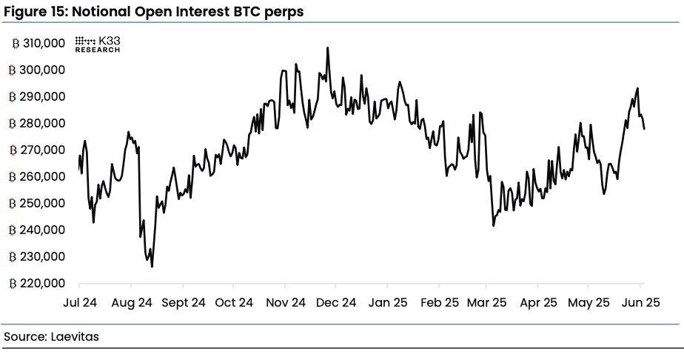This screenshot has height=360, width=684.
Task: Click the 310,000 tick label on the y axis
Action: click(44, 44)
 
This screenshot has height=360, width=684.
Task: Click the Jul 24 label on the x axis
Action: click(79, 302)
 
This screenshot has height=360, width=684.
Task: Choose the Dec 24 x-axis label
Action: click(338, 302)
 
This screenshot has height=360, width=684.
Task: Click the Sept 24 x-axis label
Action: click(183, 302)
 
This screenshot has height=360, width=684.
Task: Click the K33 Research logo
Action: click(98, 44)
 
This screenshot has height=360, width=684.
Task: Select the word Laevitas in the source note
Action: click(75, 336)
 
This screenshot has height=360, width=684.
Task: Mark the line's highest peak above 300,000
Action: click(327, 48)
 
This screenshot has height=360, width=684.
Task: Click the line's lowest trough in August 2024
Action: click(152, 266)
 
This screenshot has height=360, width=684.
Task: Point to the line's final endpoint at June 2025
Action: click(644, 129)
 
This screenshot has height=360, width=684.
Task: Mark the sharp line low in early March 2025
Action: click(493, 224)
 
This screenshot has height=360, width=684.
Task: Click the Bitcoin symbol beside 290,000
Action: click(13, 97)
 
